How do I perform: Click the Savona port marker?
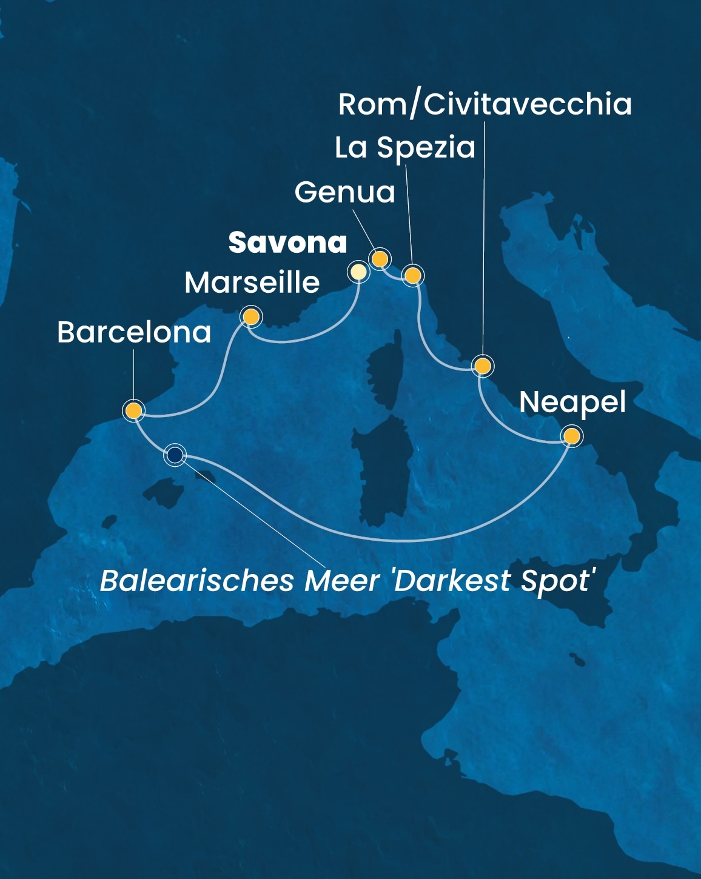(358, 272)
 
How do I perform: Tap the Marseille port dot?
(250, 316)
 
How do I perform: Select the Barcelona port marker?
(133, 410)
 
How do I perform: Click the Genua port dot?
(380, 259)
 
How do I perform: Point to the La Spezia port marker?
(412, 276)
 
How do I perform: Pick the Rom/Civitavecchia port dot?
(482, 366)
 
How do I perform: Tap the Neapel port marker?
(571, 436)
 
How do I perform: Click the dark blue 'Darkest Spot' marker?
(175, 454)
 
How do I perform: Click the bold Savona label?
(287, 242)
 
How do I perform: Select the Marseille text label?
(252, 282)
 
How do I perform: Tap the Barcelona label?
(134, 332)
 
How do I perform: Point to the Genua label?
(344, 192)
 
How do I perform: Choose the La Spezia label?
(405, 147)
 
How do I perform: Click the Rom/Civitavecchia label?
(485, 104)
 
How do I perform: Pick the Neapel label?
(572, 402)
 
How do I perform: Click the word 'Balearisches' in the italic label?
(197, 580)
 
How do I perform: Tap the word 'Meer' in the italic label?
(342, 580)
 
